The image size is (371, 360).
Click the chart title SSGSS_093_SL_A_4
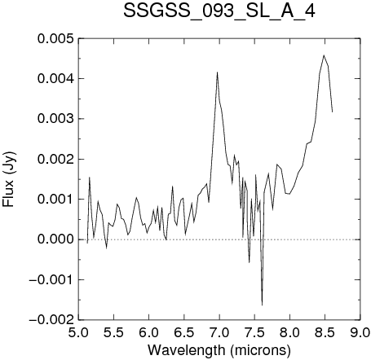click(219, 11)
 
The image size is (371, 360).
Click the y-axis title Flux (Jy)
click(9, 180)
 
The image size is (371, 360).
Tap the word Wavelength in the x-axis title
click(186, 350)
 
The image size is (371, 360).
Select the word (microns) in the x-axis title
click(260, 350)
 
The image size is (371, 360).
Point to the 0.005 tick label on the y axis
click(55, 38)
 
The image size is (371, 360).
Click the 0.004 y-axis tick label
click(55, 79)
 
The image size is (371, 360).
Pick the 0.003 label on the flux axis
click(55, 119)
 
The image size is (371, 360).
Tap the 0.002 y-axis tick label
click(55, 159)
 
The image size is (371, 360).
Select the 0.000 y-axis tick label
click(55, 239)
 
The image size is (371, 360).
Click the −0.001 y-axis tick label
click(51, 279)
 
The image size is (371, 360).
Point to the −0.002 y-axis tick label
click(51, 320)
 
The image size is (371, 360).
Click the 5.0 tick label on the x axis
click(78, 332)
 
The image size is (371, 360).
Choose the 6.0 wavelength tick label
click(149, 332)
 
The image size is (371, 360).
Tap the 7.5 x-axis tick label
click(254, 332)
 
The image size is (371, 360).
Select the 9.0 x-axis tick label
click(360, 332)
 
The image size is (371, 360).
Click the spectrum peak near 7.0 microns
click(217, 72)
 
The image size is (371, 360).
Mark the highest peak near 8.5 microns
click(324, 55)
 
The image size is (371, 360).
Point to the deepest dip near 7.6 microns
click(262, 305)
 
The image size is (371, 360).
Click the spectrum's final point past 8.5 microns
click(332, 112)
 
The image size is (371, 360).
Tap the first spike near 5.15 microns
click(90, 178)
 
